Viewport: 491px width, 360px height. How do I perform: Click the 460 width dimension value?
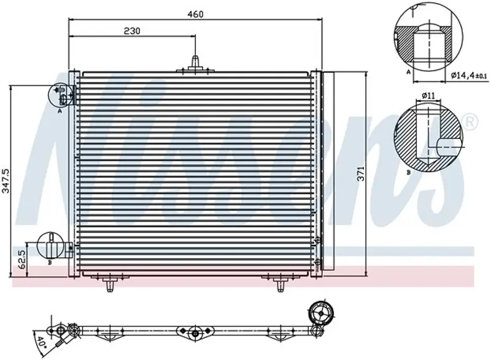point(195,14)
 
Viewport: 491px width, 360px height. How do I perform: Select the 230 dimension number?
point(132,31)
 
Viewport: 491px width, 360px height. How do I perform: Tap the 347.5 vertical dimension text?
point(6,181)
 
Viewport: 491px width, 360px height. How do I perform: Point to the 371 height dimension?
point(361,174)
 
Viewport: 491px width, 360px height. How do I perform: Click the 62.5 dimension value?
point(21,259)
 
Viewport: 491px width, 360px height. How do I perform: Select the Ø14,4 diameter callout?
point(469,75)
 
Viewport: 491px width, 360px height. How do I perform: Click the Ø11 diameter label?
point(428,96)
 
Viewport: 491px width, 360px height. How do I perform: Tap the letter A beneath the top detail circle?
point(408,72)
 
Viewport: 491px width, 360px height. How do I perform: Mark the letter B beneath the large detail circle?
point(408,172)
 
